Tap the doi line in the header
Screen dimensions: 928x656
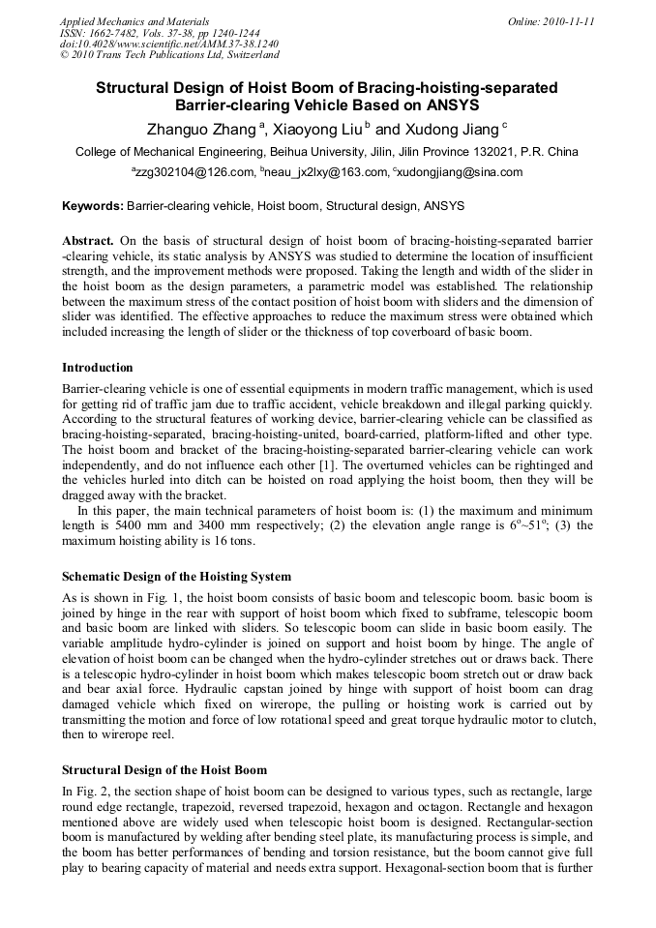(x=169, y=45)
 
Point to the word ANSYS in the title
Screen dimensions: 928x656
(x=451, y=105)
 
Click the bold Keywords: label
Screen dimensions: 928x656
(x=93, y=206)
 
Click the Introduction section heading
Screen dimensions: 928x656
(x=98, y=368)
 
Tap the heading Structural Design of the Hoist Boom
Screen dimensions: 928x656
(x=164, y=770)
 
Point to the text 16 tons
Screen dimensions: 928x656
(x=233, y=540)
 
